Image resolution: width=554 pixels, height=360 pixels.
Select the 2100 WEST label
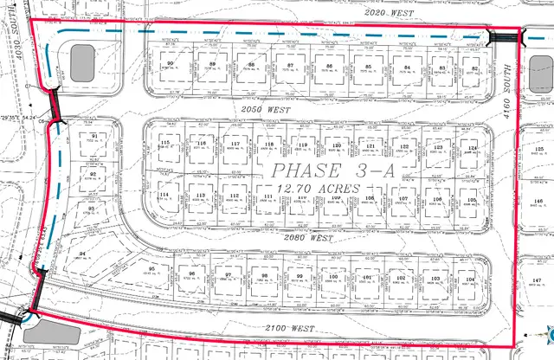pos(288,329)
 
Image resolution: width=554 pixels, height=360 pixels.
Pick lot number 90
pos(171,64)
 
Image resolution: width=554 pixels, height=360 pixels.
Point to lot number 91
pos(93,135)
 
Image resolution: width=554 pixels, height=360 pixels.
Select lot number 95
pos(151,269)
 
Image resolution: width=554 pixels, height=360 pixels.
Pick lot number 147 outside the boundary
pos(536,281)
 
